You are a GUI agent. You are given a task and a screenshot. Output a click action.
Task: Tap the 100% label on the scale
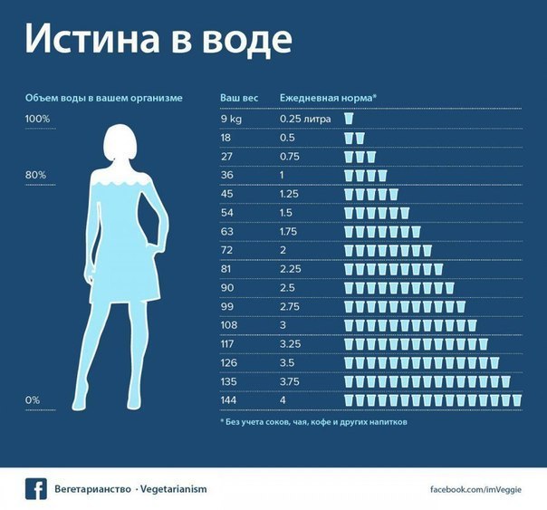click(x=37, y=119)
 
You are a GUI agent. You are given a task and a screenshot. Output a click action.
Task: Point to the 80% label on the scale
click(x=34, y=174)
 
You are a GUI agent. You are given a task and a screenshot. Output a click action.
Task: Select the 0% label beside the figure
click(x=33, y=399)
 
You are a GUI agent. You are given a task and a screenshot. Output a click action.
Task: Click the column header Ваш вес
click(x=240, y=96)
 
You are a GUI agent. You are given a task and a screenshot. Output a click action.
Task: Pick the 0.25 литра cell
click(x=305, y=119)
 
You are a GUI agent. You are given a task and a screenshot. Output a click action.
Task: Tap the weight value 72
click(x=226, y=249)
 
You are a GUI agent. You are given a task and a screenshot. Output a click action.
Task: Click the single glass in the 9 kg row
click(x=349, y=119)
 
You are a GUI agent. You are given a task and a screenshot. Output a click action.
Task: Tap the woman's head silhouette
click(x=120, y=141)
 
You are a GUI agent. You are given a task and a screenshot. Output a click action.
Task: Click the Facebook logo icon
click(x=35, y=488)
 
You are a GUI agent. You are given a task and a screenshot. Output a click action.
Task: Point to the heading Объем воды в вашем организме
click(x=104, y=96)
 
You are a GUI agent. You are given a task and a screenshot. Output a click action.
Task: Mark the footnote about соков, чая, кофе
click(x=314, y=422)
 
